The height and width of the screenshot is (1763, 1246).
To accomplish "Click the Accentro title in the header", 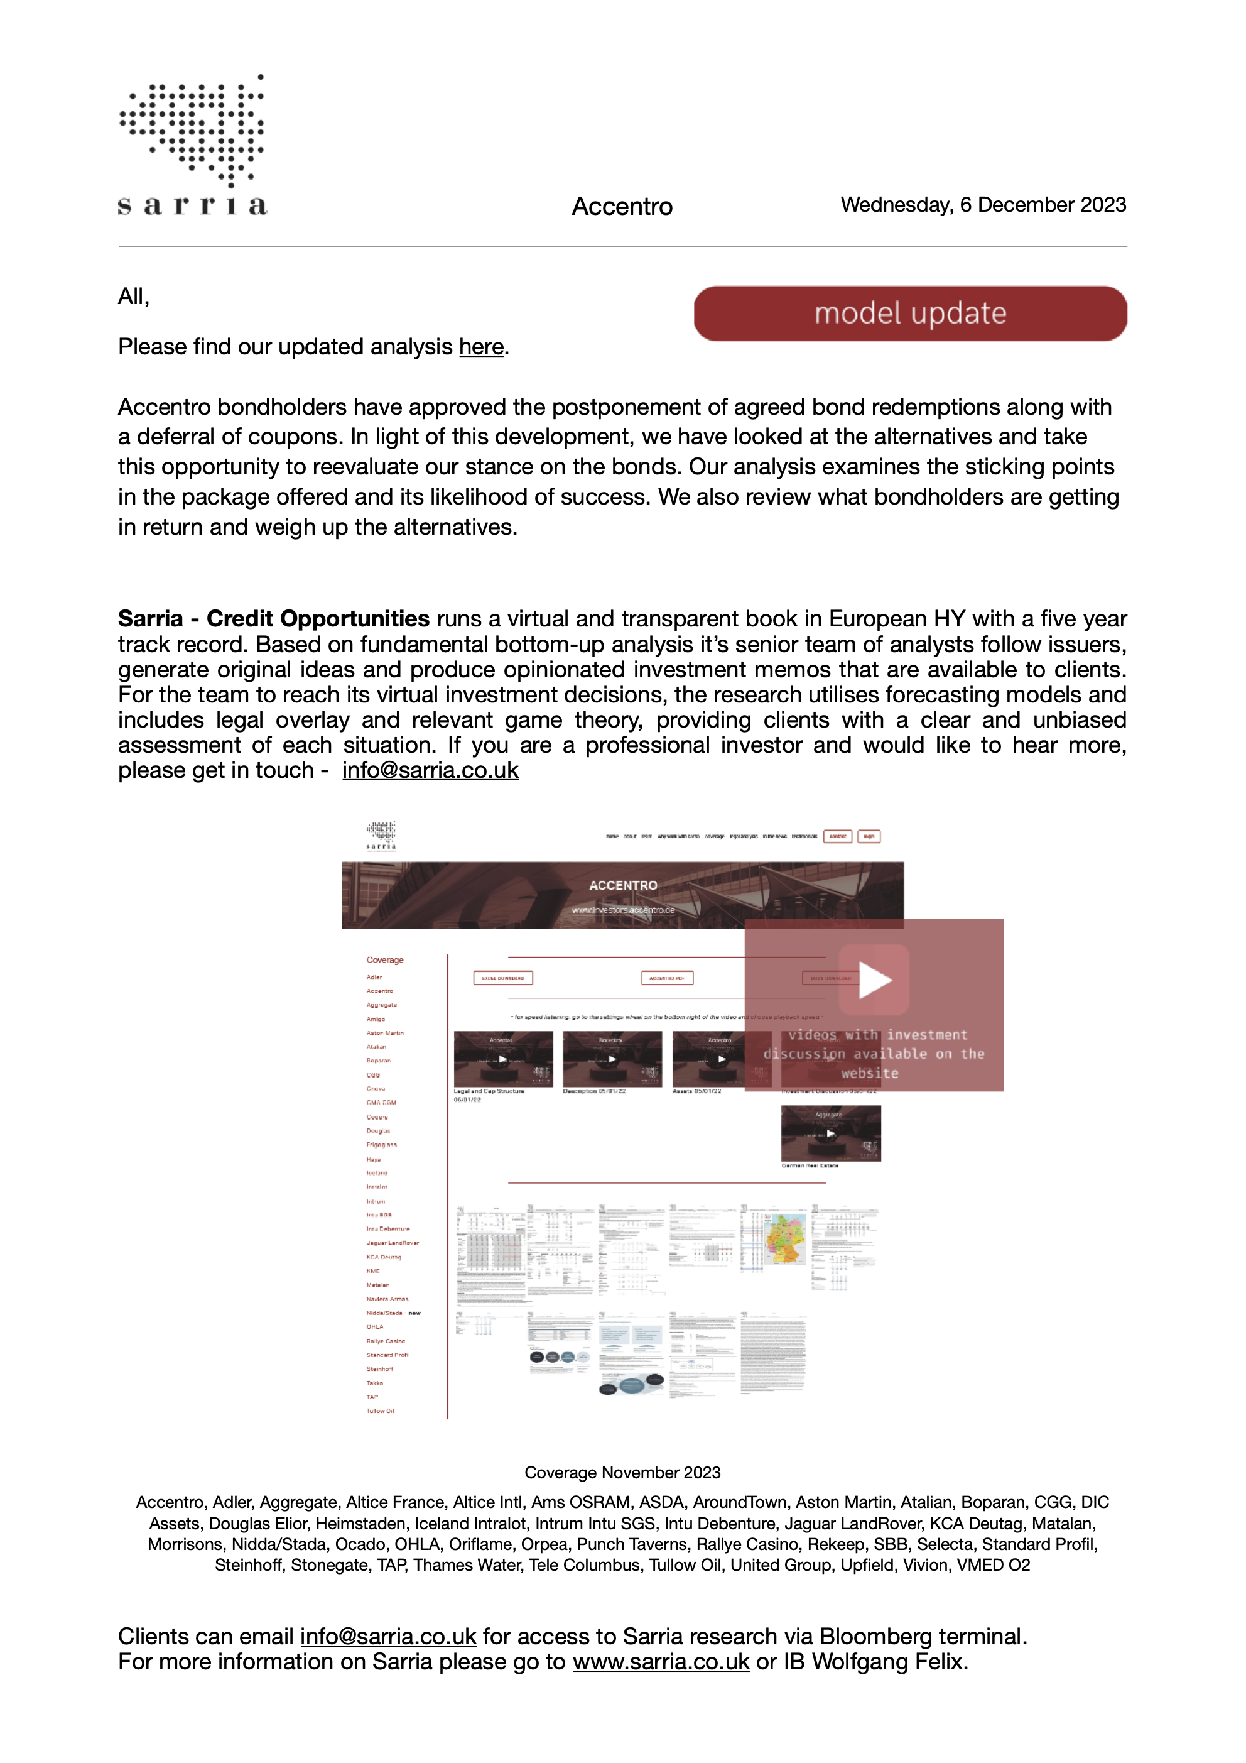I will [x=622, y=207].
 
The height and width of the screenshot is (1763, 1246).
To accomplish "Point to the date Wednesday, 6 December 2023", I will [x=983, y=205].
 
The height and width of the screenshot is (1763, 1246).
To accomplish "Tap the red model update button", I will [x=910, y=314].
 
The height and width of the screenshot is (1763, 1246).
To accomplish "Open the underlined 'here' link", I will [x=481, y=347].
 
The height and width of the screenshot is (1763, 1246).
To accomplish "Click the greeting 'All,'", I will [x=134, y=297].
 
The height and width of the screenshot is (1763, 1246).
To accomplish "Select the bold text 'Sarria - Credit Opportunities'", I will [x=273, y=619].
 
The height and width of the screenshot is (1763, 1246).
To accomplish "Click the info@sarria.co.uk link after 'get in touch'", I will [x=430, y=770].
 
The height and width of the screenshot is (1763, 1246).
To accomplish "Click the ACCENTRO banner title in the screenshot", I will [x=622, y=885].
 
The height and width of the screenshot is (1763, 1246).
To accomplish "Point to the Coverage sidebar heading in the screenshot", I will [x=384, y=960].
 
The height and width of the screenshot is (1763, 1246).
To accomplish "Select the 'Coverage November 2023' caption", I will [x=622, y=1473].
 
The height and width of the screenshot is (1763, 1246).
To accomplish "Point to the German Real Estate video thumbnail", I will [x=831, y=1133].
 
